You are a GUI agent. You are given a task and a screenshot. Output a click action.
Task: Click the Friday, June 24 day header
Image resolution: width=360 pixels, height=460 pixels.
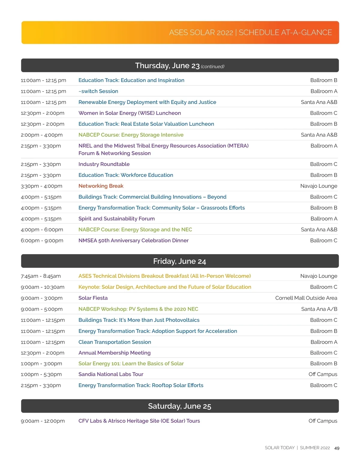pyautogui.click(x=179, y=261)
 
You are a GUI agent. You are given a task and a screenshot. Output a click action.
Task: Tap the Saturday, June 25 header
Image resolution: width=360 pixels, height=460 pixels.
pyautogui.click(x=179, y=406)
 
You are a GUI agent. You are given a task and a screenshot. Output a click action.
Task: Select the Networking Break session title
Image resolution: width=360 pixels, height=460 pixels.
pyautogui.click(x=101, y=186)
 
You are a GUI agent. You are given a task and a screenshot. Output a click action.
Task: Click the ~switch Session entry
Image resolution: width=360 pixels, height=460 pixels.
pyautogui.click(x=98, y=91)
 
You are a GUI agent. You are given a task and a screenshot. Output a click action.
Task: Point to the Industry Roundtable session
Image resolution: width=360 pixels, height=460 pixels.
pyautogui.click(x=104, y=164)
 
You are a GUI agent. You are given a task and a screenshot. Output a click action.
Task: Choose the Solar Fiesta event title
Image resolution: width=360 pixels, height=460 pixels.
pyautogui.click(x=93, y=298)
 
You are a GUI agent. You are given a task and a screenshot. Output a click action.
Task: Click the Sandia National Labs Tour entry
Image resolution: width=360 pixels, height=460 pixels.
pyautogui.click(x=111, y=374)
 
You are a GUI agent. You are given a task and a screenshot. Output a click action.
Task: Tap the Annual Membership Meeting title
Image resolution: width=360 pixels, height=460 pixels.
pyautogui.click(x=114, y=353)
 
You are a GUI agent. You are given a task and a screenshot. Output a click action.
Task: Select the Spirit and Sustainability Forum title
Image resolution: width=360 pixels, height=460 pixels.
pyautogui.click(x=116, y=219)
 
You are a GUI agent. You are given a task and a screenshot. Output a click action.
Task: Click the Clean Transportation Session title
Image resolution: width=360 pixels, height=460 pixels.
pyautogui.click(x=115, y=342)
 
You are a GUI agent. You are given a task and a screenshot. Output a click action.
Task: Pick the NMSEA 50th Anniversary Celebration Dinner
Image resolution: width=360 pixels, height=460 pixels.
pyautogui.click(x=133, y=241)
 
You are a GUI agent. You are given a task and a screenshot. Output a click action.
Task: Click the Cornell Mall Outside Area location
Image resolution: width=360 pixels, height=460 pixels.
pyautogui.click(x=306, y=298)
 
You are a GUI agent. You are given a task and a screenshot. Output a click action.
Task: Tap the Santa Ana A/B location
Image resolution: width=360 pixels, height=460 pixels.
pyautogui.click(x=319, y=309)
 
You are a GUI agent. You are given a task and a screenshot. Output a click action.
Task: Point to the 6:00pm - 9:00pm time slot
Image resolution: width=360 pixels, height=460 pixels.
pyautogui.click(x=42, y=241)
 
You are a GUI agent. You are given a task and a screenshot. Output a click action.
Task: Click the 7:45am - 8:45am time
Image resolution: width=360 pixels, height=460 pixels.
pyautogui.click(x=41, y=276)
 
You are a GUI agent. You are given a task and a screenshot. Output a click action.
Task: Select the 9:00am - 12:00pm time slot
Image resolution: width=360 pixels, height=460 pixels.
pyautogui.click(x=43, y=421)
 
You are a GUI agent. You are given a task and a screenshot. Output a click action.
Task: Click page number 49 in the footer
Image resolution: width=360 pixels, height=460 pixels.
pyautogui.click(x=337, y=448)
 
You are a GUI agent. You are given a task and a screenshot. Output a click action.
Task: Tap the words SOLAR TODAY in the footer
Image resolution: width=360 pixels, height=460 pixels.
pyautogui.click(x=280, y=448)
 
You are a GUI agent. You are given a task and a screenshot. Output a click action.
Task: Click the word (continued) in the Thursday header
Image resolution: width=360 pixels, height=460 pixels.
pyautogui.click(x=212, y=67)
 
